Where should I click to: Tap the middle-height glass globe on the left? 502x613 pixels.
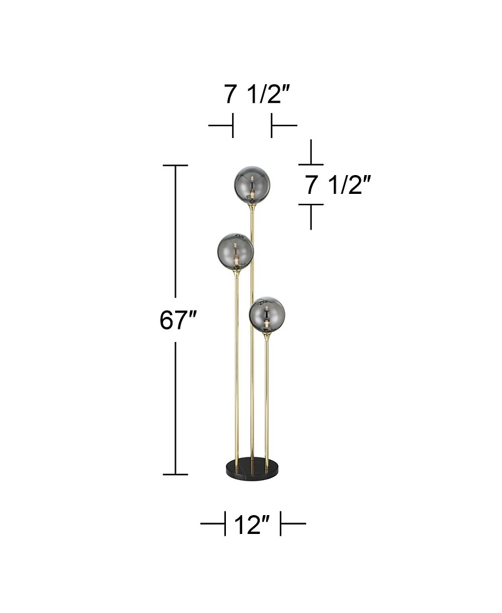pos(235,251)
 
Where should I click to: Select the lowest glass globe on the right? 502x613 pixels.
pos(267,315)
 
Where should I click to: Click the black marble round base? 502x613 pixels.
pos(252,467)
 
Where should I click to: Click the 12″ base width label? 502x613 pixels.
pos(252,524)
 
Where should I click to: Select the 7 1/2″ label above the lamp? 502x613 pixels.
pos(257,95)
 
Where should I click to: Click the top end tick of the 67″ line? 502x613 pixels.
pos(175,166)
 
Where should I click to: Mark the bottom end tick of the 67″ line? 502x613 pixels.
pos(175,474)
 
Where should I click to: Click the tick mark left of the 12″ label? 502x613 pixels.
pos(224,523)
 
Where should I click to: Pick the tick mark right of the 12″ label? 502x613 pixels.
pos(281,523)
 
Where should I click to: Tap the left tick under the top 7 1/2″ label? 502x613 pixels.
pos(232,125)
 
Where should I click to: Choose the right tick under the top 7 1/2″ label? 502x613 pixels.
pos(272,125)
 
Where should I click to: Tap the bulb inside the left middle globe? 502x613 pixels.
pos(237,256)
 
